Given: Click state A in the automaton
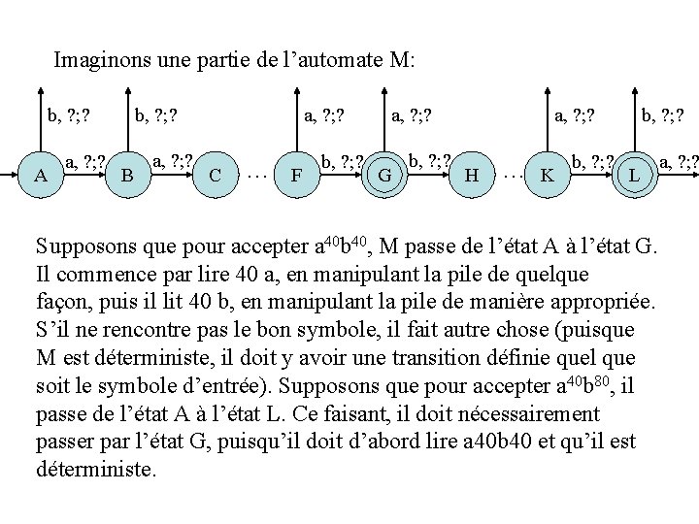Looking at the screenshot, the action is [x=41, y=176].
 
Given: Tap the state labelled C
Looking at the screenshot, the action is [x=215, y=176].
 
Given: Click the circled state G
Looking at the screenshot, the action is [x=384, y=176].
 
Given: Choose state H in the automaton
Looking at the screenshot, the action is [x=473, y=176].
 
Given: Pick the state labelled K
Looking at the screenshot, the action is [x=548, y=176].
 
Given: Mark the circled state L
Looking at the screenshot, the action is [x=634, y=176].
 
